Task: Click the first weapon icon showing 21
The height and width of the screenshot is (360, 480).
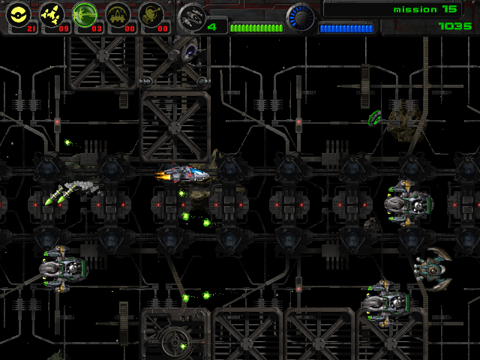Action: [x=18, y=14]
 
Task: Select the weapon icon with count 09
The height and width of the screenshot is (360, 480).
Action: [x=51, y=14]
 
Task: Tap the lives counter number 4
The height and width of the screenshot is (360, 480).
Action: [x=212, y=27]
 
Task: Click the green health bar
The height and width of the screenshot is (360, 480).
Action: [x=256, y=28]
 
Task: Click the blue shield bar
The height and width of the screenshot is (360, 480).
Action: [x=346, y=28]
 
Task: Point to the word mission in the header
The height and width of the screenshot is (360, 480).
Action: [x=415, y=10]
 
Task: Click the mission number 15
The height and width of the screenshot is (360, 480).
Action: [x=448, y=10]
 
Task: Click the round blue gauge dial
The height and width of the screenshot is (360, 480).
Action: [x=301, y=17]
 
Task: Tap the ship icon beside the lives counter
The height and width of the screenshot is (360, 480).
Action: [x=192, y=16]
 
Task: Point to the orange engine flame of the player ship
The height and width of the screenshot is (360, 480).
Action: [x=160, y=175]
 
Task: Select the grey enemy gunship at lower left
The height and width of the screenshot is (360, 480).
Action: [x=61, y=266]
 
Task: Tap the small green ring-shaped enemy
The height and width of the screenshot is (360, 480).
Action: [x=376, y=117]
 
